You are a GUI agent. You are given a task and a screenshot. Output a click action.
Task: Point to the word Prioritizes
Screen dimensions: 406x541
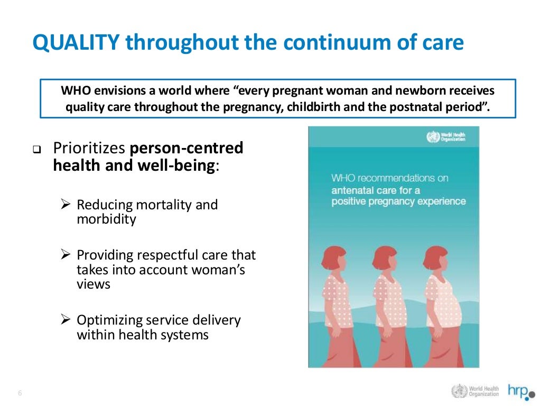(89, 148)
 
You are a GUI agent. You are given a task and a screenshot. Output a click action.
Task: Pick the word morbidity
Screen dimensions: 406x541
(106, 219)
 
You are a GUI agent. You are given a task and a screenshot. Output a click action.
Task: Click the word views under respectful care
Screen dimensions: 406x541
(94, 284)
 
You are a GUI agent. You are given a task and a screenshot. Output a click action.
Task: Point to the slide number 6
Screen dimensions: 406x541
(20, 393)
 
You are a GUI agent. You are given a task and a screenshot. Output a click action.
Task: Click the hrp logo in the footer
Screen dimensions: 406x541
(519, 391)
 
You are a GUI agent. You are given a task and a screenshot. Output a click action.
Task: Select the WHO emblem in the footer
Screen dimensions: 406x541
(459, 391)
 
